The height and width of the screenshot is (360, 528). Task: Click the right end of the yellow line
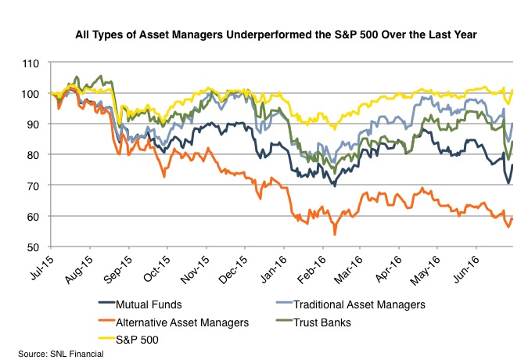pyautogui.click(x=512, y=90)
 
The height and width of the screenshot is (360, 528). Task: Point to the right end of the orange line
pyautogui.click(x=512, y=218)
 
